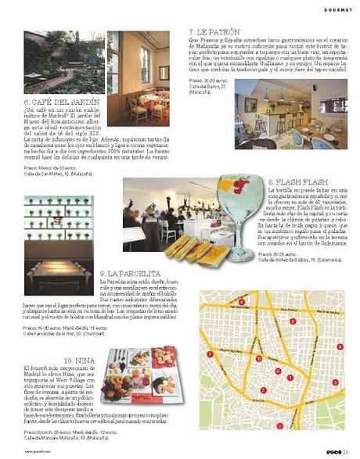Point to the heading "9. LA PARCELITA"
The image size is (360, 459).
131,273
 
